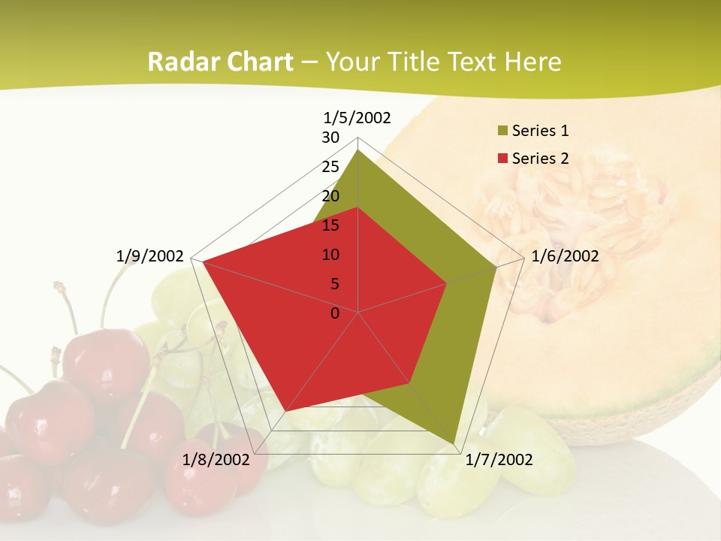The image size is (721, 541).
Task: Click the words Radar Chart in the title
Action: (220, 62)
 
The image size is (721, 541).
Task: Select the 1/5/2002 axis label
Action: (357, 117)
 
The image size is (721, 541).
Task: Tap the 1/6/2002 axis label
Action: (565, 256)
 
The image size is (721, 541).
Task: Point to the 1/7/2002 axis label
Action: (499, 460)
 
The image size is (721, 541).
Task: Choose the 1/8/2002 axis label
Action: (216, 460)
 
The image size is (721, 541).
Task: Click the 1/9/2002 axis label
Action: (149, 256)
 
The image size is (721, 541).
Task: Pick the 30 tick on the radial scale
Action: (330, 138)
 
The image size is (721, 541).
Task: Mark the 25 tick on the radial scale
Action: (330, 167)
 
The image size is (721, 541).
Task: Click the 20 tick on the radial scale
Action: (330, 196)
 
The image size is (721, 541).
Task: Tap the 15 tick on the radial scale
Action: (330, 225)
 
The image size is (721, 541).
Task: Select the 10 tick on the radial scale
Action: (330, 255)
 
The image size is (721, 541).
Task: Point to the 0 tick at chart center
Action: (335, 313)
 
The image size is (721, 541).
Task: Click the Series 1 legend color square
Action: (502, 131)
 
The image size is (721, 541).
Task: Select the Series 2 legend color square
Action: (502, 159)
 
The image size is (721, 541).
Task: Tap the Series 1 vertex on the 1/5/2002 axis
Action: (358, 150)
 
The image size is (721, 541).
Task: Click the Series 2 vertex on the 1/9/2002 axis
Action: (203, 261)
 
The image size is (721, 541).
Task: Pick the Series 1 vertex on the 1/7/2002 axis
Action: (454, 443)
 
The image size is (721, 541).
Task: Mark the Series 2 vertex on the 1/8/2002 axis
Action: (285, 411)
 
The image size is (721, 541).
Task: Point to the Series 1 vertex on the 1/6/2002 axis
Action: (496, 267)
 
